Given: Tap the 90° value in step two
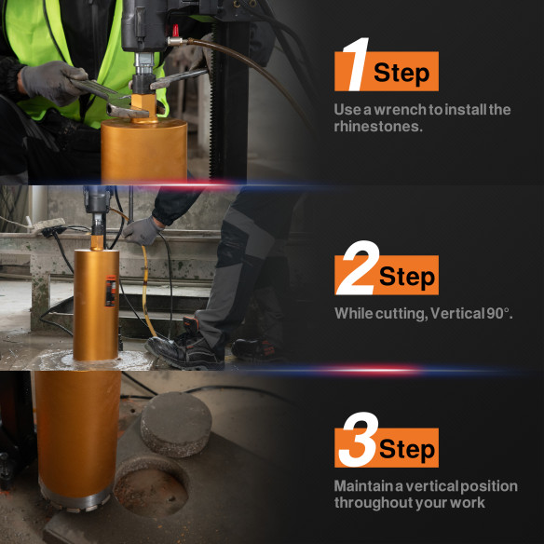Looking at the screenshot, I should pos(498,314).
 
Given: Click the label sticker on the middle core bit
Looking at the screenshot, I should pos(111,292).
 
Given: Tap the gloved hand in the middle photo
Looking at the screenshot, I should pos(142,229).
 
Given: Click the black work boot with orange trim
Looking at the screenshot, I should pos(186,349).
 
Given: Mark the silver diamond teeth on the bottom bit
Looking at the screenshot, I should pos(79,508).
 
